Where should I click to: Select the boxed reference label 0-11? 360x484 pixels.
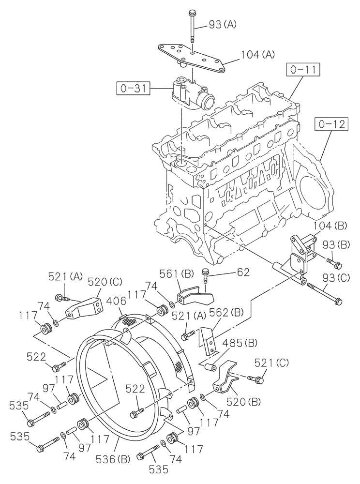point(302,71)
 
